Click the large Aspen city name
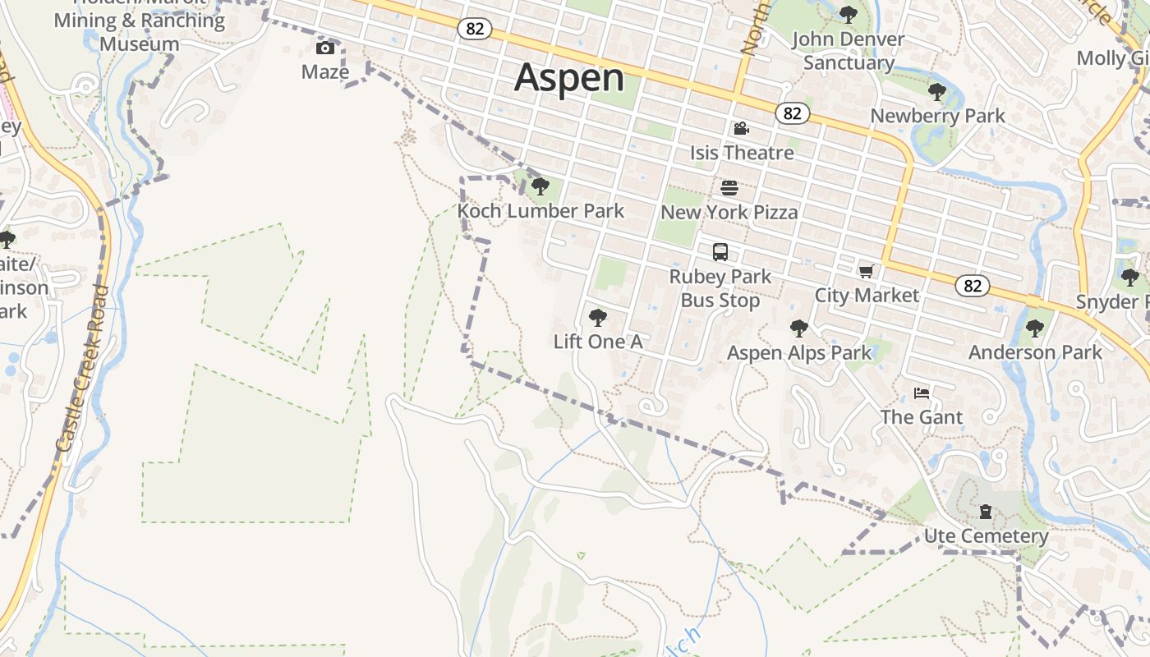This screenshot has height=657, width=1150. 569,78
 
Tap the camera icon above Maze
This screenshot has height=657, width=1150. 325,48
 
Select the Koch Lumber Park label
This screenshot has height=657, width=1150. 540,211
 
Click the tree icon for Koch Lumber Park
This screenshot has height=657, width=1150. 540,186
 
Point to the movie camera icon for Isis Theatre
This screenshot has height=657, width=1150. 741,128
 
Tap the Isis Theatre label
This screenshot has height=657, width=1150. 742,153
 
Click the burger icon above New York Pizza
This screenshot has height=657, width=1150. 729,188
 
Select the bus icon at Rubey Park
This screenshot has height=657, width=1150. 720,251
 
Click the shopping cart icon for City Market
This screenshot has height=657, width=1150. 866,271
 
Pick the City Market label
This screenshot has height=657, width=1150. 867,295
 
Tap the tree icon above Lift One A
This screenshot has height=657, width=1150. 598,317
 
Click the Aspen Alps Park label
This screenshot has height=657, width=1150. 799,353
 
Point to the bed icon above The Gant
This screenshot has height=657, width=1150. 922,393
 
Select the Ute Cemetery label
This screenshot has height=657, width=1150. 986,536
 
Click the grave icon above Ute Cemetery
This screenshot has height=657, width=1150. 986,512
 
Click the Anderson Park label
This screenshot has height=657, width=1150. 1035,352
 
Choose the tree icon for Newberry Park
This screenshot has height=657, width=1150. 936,91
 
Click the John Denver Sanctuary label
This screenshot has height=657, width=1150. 849,51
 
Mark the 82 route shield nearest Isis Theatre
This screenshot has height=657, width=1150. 792,113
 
